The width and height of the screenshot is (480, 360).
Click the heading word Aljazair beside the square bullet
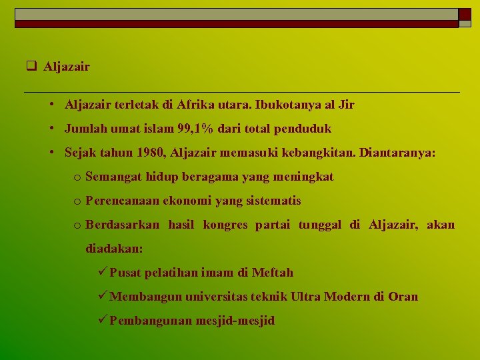click(x=67, y=67)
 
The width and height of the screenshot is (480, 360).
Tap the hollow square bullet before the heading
click(x=31, y=67)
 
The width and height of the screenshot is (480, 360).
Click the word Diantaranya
click(x=397, y=153)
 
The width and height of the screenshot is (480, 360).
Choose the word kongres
click(x=225, y=225)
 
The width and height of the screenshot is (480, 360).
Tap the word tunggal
click(x=319, y=225)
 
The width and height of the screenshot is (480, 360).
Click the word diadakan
click(x=113, y=249)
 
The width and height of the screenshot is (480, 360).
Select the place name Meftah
click(x=273, y=273)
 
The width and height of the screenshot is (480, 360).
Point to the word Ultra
click(x=305, y=297)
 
